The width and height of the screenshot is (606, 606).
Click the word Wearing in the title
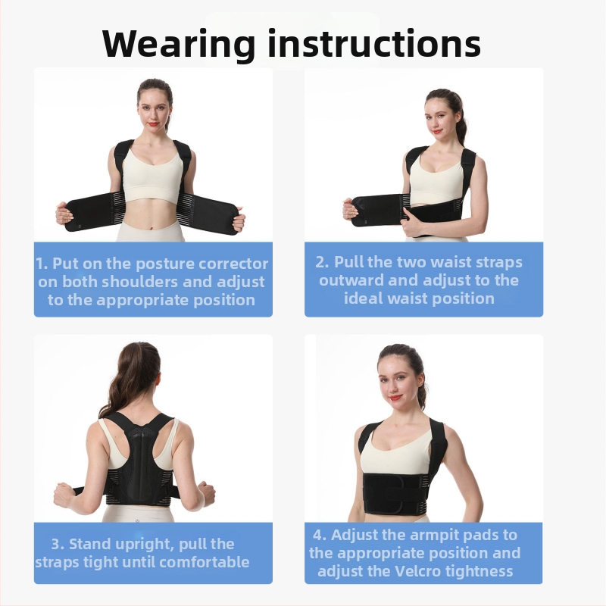(x=179, y=44)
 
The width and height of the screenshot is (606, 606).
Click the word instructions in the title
(x=374, y=43)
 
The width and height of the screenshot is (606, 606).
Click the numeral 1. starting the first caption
(x=42, y=264)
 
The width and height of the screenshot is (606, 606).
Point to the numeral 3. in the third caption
(x=58, y=544)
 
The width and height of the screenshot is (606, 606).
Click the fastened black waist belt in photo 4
(x=395, y=493)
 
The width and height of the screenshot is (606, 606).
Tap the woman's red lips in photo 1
(x=153, y=124)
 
